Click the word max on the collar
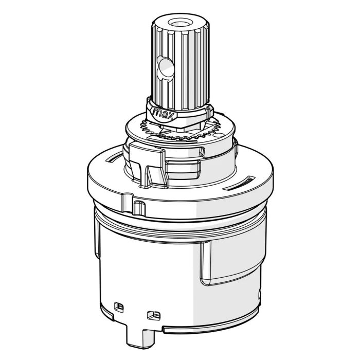click(x=163, y=114)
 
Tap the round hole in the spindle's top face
click(x=180, y=23)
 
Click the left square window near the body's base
click(x=119, y=307)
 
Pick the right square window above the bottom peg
click(x=154, y=315)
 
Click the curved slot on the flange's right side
click(x=239, y=183)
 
